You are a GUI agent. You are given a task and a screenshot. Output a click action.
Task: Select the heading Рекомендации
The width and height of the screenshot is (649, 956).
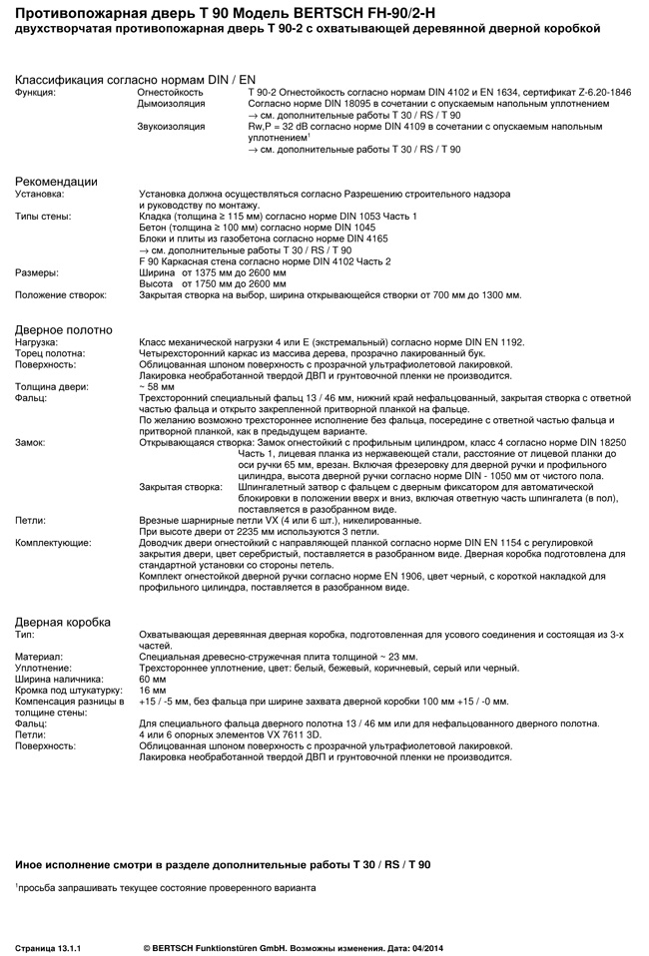(56, 181)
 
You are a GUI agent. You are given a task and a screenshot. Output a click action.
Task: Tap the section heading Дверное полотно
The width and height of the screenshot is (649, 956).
(64, 329)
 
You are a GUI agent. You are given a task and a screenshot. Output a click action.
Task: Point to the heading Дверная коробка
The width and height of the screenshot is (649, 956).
(62, 622)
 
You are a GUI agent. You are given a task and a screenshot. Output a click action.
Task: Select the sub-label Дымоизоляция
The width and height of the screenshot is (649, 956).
(172, 103)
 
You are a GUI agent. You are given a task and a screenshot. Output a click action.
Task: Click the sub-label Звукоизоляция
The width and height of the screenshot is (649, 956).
(172, 127)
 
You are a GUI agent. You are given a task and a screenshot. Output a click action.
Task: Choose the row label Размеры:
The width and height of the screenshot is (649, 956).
(37, 272)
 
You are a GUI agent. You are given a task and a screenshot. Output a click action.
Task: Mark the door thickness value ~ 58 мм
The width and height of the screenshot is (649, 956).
(157, 386)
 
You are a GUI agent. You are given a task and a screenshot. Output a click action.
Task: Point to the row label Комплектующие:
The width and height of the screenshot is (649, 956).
(53, 542)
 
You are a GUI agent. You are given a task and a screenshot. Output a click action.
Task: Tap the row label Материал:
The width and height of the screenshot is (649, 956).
(39, 657)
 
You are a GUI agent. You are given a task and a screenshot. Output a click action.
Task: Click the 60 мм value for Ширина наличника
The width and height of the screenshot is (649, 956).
(153, 679)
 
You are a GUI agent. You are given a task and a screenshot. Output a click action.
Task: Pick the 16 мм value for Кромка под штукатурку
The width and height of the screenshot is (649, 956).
(153, 690)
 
